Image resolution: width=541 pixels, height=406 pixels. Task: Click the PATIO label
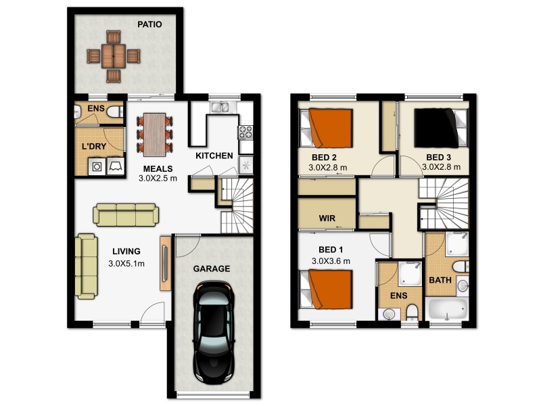[x=149, y=23]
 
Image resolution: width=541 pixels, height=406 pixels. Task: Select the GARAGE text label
[x=212, y=269]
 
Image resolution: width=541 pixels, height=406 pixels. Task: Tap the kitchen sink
[x=220, y=106]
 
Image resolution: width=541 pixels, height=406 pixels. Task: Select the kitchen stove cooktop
[x=245, y=130]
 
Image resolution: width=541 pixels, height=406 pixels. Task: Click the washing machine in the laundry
[x=97, y=166]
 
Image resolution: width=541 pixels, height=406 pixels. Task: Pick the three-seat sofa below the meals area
[x=126, y=215]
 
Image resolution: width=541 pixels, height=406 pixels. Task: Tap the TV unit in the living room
[x=165, y=263]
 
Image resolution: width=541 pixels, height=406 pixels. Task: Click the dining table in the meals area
[x=155, y=133]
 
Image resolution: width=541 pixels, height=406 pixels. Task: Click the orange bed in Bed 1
[x=329, y=289]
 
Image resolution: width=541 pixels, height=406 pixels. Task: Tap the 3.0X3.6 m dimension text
[x=331, y=261]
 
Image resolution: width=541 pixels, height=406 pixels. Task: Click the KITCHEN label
[x=214, y=156]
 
